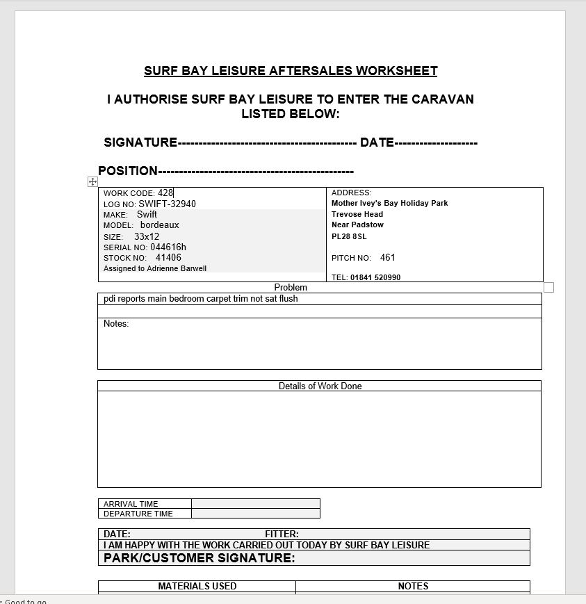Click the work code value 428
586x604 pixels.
165,193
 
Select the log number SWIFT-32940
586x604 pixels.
167,204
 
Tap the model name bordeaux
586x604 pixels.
159,225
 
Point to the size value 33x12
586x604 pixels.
147,236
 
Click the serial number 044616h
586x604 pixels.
168,247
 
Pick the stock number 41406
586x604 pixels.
168,257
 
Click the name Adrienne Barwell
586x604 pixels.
177,268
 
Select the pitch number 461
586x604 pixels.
388,257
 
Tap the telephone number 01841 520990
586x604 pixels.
375,277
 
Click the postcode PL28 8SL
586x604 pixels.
349,236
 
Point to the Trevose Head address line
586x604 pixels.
357,214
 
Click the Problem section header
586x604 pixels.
291,287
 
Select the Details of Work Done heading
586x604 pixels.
320,386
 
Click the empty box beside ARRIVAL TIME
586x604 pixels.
255,504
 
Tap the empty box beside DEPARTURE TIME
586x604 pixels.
255,514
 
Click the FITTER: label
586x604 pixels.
282,534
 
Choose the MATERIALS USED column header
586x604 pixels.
197,586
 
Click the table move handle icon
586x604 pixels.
92,181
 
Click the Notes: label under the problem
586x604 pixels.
116,324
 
